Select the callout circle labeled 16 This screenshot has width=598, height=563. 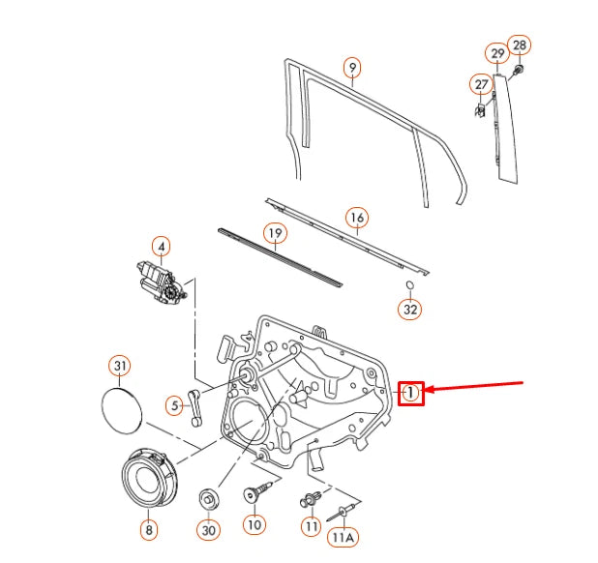(x=356, y=218)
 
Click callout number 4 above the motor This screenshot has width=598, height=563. (x=162, y=247)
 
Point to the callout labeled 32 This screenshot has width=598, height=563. (x=410, y=310)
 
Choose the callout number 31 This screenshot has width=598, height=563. (x=119, y=366)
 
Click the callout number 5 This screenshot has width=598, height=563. (x=174, y=406)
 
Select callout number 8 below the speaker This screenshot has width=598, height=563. (x=147, y=529)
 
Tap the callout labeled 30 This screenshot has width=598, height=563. (x=209, y=529)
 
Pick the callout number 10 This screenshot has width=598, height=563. (x=254, y=525)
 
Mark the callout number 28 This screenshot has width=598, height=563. (x=520, y=45)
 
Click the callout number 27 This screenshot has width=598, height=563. (x=481, y=84)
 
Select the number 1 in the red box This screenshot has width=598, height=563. (x=411, y=392)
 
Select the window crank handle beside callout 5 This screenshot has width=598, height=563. (x=197, y=403)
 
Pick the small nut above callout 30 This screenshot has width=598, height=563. (x=208, y=499)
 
